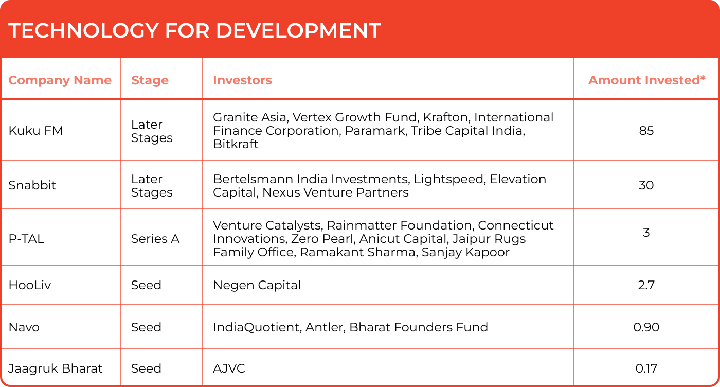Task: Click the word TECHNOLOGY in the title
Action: coord(83,30)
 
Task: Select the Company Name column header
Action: coord(60,80)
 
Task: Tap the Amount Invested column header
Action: coord(647,80)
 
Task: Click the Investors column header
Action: coord(242,80)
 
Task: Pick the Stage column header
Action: coord(150,80)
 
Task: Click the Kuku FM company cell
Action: coord(35,131)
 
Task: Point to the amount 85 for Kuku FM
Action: coord(646,131)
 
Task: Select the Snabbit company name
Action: coord(32,185)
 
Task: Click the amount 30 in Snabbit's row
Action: coord(646,185)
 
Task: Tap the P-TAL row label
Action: coord(26,239)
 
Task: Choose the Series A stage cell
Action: coord(155,239)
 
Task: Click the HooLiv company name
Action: coord(30,285)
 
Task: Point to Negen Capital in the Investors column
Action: coord(257,285)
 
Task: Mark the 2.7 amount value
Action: coord(646,285)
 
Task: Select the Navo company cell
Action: coord(24,327)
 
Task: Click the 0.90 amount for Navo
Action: coord(646,327)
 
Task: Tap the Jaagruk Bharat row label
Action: coord(56,368)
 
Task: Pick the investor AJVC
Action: coord(229,368)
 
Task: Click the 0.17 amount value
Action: coord(646,368)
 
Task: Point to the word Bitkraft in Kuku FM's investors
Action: coord(236,144)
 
